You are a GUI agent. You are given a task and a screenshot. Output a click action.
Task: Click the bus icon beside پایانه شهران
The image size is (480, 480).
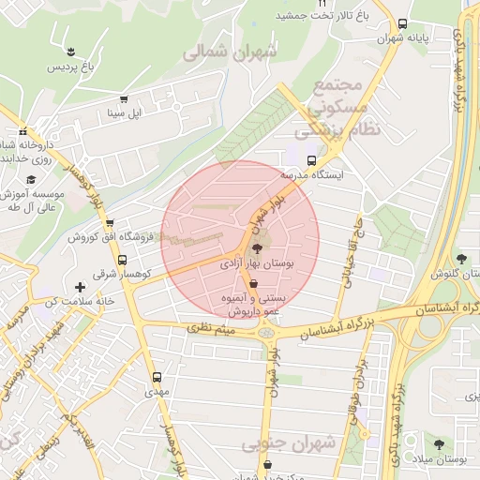[x=402, y=24]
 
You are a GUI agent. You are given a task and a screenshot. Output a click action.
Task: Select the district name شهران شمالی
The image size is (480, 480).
[x=231, y=53]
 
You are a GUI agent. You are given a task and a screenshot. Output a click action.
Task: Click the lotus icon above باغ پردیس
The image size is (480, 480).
[x=70, y=50]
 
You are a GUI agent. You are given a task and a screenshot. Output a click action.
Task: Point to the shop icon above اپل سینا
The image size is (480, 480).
[x=124, y=98]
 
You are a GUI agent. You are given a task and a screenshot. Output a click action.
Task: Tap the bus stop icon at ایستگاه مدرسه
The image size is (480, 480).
[x=313, y=159]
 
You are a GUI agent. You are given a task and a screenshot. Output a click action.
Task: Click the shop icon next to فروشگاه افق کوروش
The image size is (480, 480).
[x=111, y=223]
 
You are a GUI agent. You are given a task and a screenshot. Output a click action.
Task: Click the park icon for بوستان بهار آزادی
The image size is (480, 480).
[x=257, y=248]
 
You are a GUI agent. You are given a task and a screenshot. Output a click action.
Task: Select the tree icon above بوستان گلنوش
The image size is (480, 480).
[x=460, y=259]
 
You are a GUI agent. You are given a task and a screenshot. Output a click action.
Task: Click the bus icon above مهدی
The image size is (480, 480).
[x=157, y=377]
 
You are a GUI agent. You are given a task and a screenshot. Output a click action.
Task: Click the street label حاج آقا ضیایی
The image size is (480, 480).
[x=356, y=248]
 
